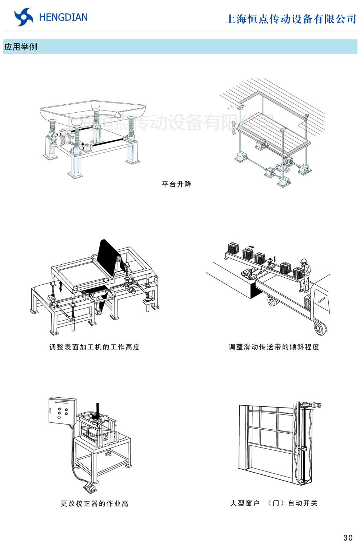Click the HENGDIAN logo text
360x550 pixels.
[x=63, y=17]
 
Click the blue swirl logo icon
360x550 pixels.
[x=23, y=17]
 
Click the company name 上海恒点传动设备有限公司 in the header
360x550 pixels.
[x=291, y=19]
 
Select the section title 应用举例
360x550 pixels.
[x=21, y=47]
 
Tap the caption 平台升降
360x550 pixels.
[x=177, y=184]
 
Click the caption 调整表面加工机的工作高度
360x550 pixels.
[x=95, y=347]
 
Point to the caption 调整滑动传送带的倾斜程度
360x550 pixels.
[x=273, y=347]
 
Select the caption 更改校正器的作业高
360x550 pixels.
[x=95, y=503]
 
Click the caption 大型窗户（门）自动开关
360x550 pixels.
[x=273, y=503]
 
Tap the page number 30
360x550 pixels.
[x=348, y=538]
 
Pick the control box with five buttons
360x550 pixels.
[x=62, y=410]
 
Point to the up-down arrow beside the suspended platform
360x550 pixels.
[x=233, y=128]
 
